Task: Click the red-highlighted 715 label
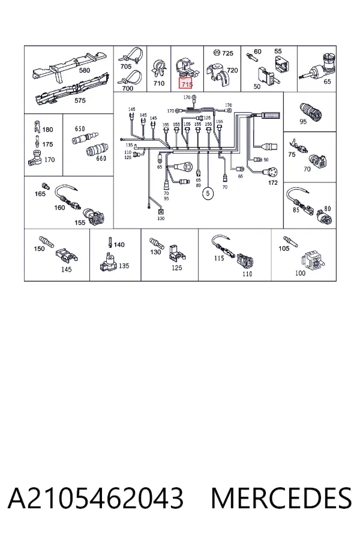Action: click(x=187, y=83)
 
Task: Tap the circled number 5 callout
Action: click(x=208, y=193)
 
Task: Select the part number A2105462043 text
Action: click(x=95, y=498)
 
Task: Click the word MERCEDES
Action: click(x=281, y=498)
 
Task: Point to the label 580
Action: click(x=85, y=70)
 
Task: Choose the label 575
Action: click(x=80, y=101)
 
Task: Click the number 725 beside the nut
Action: click(x=228, y=53)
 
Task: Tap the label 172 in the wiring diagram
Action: click(x=272, y=182)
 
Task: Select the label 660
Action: click(x=101, y=158)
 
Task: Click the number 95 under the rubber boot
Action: click(x=303, y=122)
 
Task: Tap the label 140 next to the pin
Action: click(x=119, y=245)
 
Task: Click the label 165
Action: click(x=40, y=194)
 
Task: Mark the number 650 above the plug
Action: click(x=80, y=129)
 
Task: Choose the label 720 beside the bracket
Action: click(x=233, y=70)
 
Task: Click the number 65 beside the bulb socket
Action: click(x=327, y=82)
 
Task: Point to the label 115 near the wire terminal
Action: click(x=219, y=258)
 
